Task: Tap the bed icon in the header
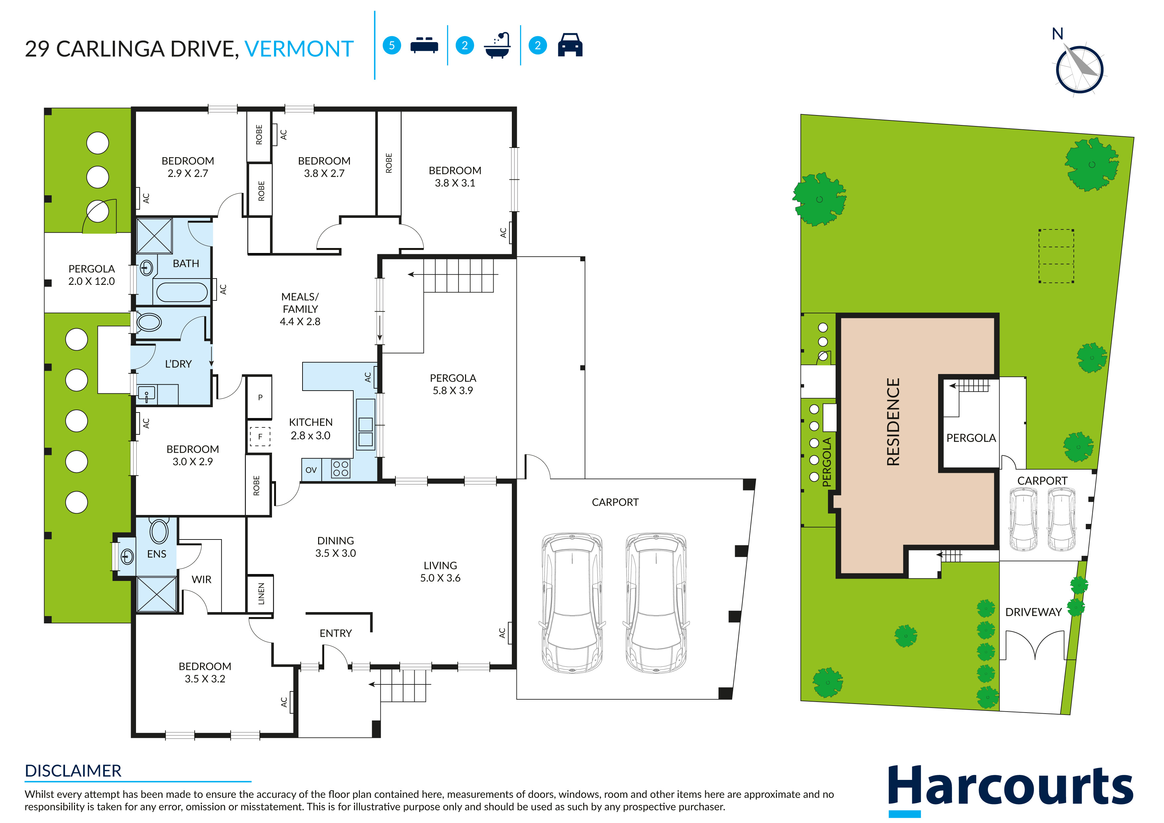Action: [424, 45]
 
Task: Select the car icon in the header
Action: [570, 45]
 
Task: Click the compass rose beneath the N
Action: [1079, 69]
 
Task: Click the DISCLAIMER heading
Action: [73, 771]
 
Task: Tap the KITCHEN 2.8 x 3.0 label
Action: [311, 429]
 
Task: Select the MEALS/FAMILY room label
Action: [300, 309]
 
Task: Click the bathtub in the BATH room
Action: [182, 292]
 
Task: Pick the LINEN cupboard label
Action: [261, 594]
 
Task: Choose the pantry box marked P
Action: [260, 397]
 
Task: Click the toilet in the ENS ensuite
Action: [159, 531]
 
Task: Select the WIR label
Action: [201, 579]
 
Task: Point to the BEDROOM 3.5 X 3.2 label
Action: [205, 672]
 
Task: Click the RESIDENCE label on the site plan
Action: [893, 422]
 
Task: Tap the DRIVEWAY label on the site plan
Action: [1033, 612]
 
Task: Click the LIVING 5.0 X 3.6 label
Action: [440, 572]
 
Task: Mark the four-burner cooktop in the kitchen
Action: [341, 469]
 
